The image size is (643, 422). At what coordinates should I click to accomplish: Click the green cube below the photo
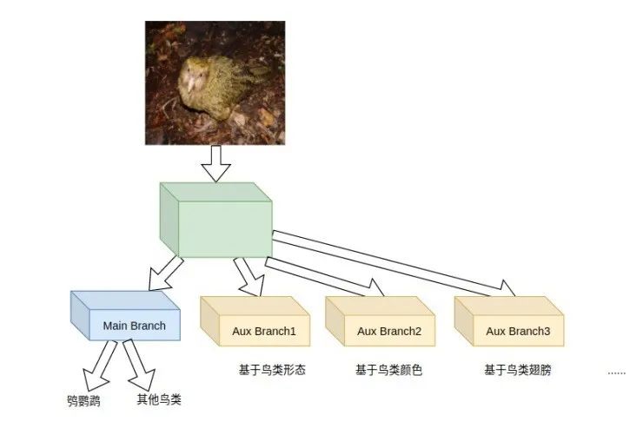(215, 221)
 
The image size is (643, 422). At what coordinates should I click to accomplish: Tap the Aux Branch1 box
(256, 325)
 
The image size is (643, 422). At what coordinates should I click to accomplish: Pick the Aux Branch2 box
(382, 325)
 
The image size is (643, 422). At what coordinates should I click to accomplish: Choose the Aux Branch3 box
(511, 325)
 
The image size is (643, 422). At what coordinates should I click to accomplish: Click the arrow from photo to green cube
(215, 163)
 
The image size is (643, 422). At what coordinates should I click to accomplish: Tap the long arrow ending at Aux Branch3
(391, 260)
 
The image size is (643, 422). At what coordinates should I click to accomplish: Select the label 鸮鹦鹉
(84, 401)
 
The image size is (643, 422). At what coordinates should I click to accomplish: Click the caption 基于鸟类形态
(272, 370)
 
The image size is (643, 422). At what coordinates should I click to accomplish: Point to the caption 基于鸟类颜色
(388, 370)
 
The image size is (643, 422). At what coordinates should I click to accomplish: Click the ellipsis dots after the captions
(616, 372)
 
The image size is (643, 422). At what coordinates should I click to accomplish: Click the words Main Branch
(134, 326)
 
